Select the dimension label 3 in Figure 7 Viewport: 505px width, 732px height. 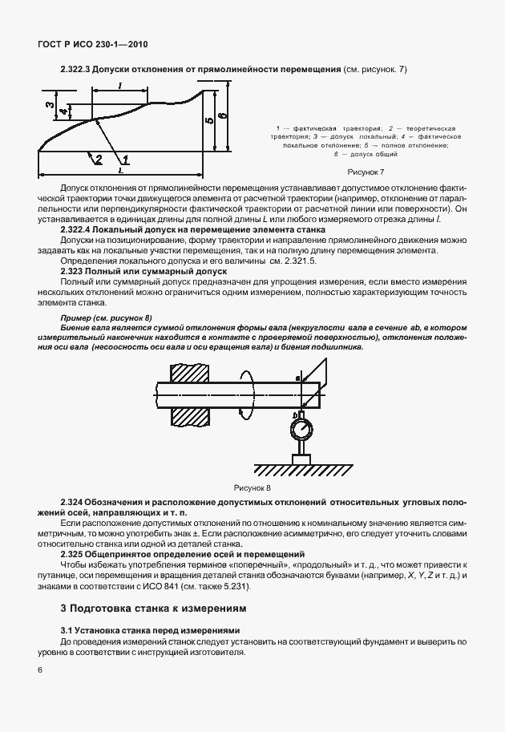tap(48, 105)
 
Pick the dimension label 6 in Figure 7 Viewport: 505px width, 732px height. tap(224, 118)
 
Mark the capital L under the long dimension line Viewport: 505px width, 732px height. tap(120, 171)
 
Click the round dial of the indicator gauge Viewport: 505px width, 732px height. tap(301, 431)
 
